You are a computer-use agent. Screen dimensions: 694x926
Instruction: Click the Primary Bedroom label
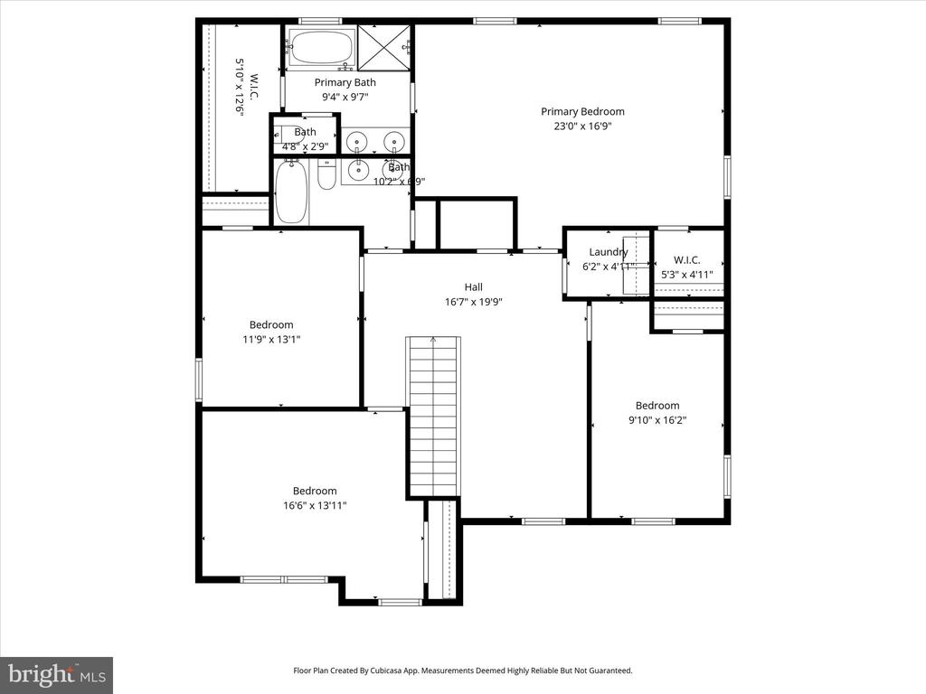pos(582,111)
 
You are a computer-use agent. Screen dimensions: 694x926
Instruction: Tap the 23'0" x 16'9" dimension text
pos(582,127)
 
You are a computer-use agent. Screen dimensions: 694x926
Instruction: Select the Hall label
pos(473,286)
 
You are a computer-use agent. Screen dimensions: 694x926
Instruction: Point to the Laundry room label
pos(608,252)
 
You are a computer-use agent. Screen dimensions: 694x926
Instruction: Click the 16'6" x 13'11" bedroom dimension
pos(314,506)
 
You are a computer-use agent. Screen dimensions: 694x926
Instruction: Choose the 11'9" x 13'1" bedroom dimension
pos(271,340)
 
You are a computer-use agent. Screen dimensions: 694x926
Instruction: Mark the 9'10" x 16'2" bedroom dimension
pos(657,420)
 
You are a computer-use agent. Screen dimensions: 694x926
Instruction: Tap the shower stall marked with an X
pos(383,47)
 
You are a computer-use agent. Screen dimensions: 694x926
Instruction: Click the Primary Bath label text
pos(345,82)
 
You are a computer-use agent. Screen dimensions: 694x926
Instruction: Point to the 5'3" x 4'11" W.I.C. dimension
pos(686,275)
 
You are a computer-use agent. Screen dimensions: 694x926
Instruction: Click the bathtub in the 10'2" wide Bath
pos(290,191)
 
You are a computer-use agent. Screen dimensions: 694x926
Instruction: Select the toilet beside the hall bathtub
pos(326,174)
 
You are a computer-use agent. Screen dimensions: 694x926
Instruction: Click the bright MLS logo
pos(56,674)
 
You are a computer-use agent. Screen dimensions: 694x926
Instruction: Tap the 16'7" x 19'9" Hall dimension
pos(473,302)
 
